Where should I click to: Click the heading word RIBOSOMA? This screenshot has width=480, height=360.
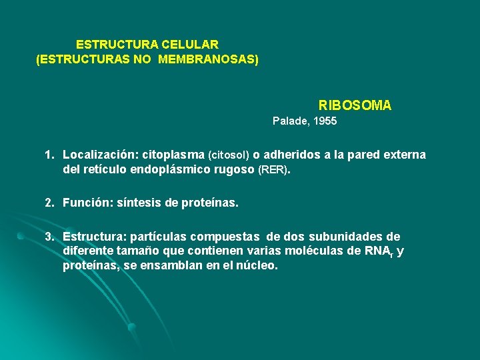click(355, 105)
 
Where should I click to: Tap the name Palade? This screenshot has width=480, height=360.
click(287, 121)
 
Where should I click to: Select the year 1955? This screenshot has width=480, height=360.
click(324, 121)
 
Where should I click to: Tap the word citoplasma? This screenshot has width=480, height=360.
click(174, 155)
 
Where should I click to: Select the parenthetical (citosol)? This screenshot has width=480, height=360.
click(229, 155)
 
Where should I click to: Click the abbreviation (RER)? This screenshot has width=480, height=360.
click(274, 170)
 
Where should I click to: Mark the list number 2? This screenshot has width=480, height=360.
click(49, 203)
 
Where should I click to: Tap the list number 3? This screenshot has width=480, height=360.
click(49, 237)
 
